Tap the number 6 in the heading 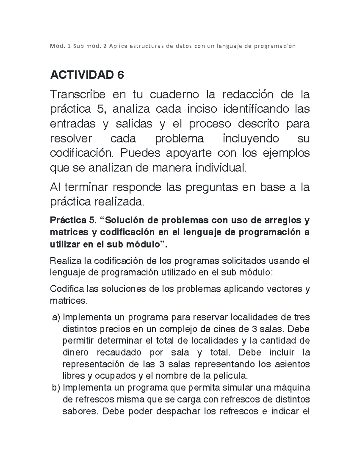click(120, 75)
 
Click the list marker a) click(56, 317)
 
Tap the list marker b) click(56, 388)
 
